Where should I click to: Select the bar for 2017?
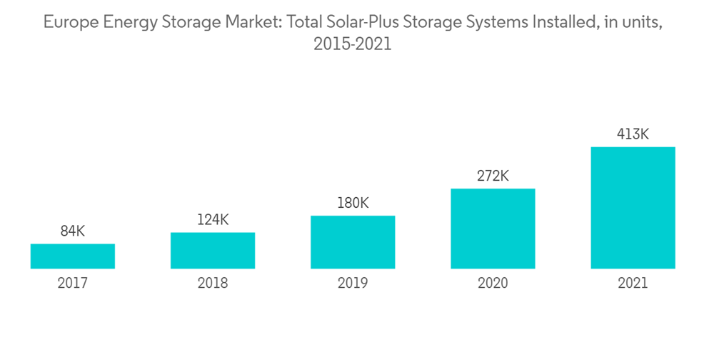[72, 256]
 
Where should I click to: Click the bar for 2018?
[213, 251]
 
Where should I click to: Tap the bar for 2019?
[353, 242]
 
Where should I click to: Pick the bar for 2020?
[493, 229]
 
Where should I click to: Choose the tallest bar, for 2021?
[633, 208]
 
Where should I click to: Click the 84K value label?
[72, 231]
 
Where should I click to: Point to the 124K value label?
[213, 220]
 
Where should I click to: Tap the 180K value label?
[353, 204]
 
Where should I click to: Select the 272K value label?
[493, 176]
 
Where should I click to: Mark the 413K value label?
[633, 134]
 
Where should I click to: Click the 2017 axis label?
[72, 284]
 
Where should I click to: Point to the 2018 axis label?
[213, 284]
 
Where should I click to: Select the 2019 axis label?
[353, 284]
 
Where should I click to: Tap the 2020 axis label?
[493, 284]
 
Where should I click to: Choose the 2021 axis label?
[633, 284]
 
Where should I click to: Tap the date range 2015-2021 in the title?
[353, 44]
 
